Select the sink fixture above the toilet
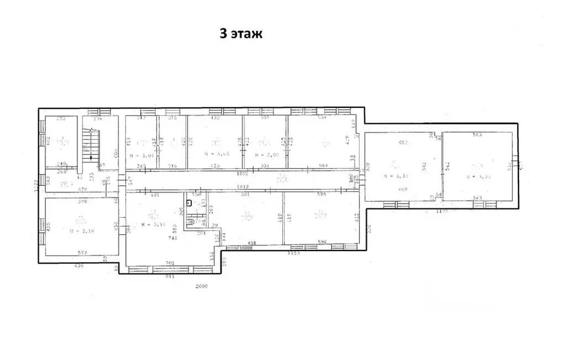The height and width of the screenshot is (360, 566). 189,203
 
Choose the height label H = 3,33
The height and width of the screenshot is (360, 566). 478,176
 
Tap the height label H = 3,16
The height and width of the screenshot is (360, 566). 154,225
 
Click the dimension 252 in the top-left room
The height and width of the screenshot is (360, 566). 61,119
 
